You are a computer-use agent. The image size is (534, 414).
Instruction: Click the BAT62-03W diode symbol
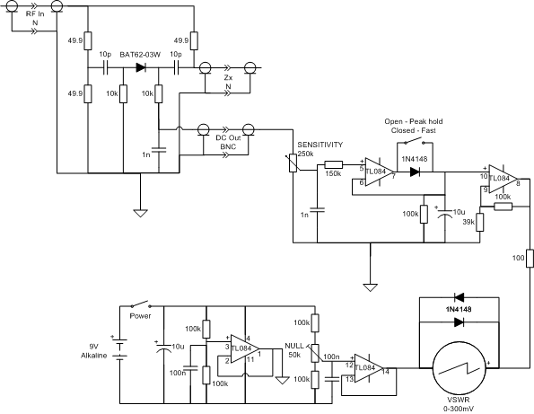[141, 67]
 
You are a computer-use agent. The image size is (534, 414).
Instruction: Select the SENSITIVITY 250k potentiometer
[293, 163]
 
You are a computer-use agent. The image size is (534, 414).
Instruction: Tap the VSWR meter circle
[460, 368]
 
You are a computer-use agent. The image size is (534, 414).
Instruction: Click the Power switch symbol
[140, 304]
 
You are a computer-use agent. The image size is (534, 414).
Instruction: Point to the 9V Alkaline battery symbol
[119, 348]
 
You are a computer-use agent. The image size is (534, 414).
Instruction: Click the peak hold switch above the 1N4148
[415, 141]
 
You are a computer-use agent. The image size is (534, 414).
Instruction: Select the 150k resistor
[334, 165]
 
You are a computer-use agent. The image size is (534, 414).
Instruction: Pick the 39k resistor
[480, 222]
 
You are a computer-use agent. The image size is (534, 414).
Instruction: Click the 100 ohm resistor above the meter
[530, 258]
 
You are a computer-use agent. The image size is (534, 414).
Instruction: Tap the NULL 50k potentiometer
[315, 353]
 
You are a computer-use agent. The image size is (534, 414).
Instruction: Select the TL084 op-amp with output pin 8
[503, 179]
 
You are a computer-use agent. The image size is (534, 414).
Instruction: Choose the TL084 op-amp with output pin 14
[369, 368]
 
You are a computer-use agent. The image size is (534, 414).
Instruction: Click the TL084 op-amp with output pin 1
[245, 348]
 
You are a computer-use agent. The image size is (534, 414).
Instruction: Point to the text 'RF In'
[35, 14]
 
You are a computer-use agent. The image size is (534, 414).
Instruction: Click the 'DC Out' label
[228, 138]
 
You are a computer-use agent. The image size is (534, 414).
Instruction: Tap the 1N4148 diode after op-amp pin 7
[415, 172]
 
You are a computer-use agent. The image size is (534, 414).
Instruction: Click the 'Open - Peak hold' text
[414, 121]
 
